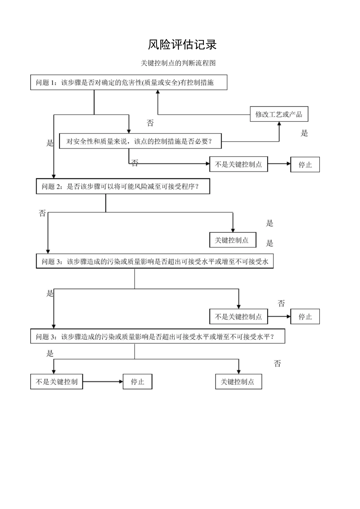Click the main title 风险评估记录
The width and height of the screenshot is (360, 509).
(x=182, y=45)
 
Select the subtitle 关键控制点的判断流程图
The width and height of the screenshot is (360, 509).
(x=178, y=63)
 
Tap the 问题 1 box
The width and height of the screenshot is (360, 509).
(x=128, y=82)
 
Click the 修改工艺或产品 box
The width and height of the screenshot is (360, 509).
(x=279, y=114)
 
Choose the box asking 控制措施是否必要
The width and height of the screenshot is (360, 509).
(x=140, y=141)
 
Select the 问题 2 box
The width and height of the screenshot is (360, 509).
(x=123, y=186)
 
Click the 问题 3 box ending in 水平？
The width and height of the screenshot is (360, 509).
(x=157, y=336)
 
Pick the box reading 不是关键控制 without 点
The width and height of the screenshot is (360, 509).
(x=56, y=382)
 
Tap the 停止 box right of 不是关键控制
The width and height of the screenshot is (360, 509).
(x=138, y=382)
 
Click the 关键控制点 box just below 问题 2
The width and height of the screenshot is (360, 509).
(x=233, y=240)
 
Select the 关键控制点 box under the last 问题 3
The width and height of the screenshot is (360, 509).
(x=238, y=382)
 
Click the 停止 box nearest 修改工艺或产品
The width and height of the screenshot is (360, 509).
(x=305, y=165)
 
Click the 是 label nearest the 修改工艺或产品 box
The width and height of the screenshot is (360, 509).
(x=304, y=133)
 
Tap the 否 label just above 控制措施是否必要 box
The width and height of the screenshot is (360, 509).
(x=150, y=123)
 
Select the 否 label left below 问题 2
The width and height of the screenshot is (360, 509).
(x=42, y=213)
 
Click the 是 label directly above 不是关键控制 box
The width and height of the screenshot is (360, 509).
(x=50, y=354)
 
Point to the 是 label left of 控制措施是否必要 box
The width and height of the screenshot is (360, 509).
(x=50, y=143)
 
